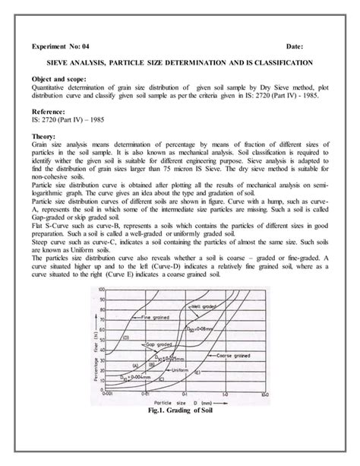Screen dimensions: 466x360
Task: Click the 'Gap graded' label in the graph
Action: (x=156, y=344)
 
